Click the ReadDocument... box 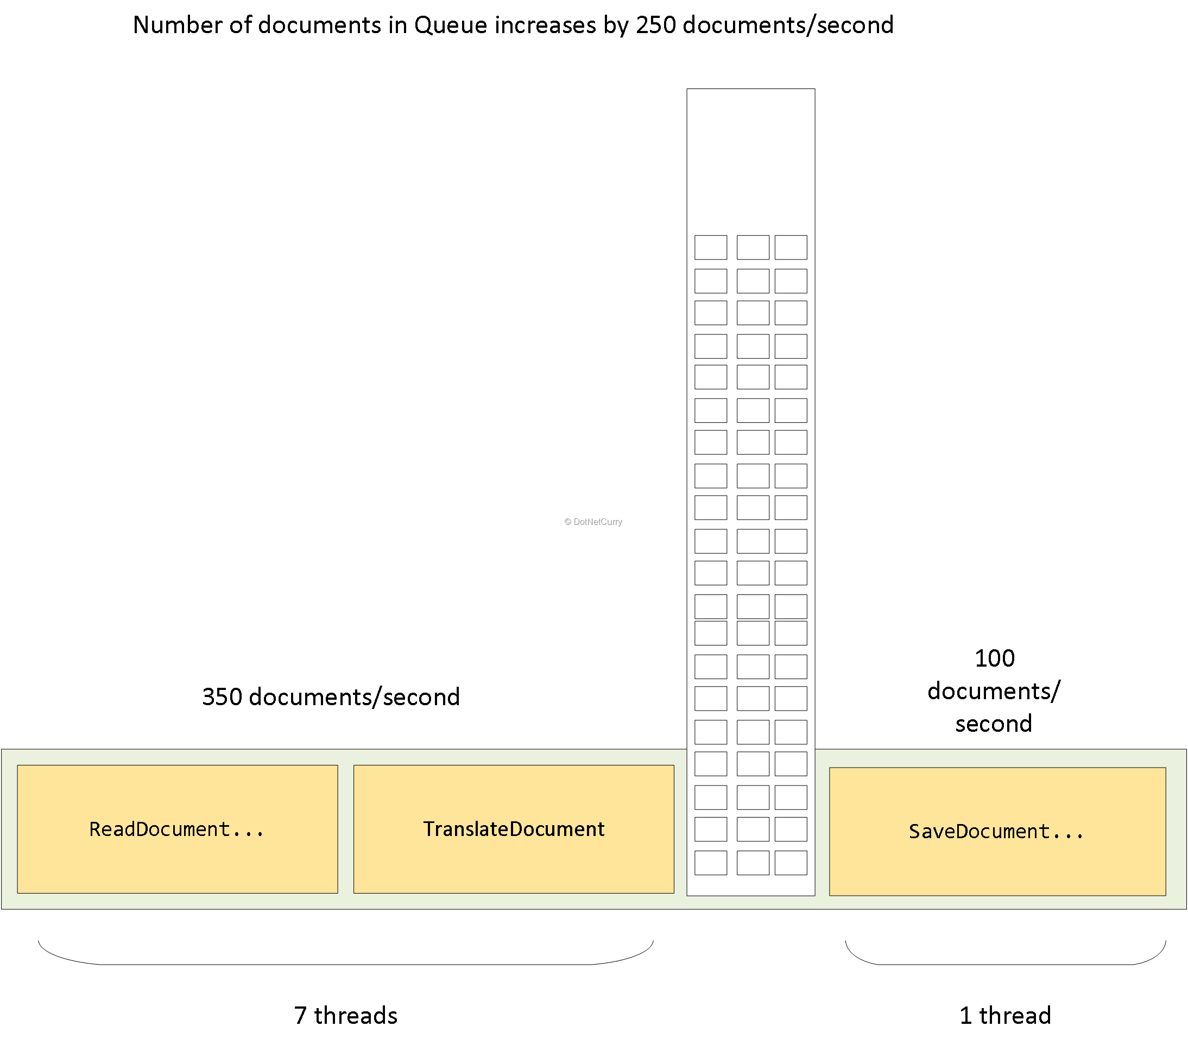click(177, 829)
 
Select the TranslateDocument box click(513, 829)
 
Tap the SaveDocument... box click(997, 831)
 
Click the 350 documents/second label click(331, 696)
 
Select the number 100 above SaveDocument click(995, 658)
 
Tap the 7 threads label click(346, 1015)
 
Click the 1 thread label click(1005, 1015)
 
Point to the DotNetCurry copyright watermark click(593, 522)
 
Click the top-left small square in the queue click(710, 247)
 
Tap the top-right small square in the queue click(791, 247)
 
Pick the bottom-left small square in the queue click(710, 863)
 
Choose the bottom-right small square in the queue click(791, 863)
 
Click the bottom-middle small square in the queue click(753, 863)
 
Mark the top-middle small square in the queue click(753, 247)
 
